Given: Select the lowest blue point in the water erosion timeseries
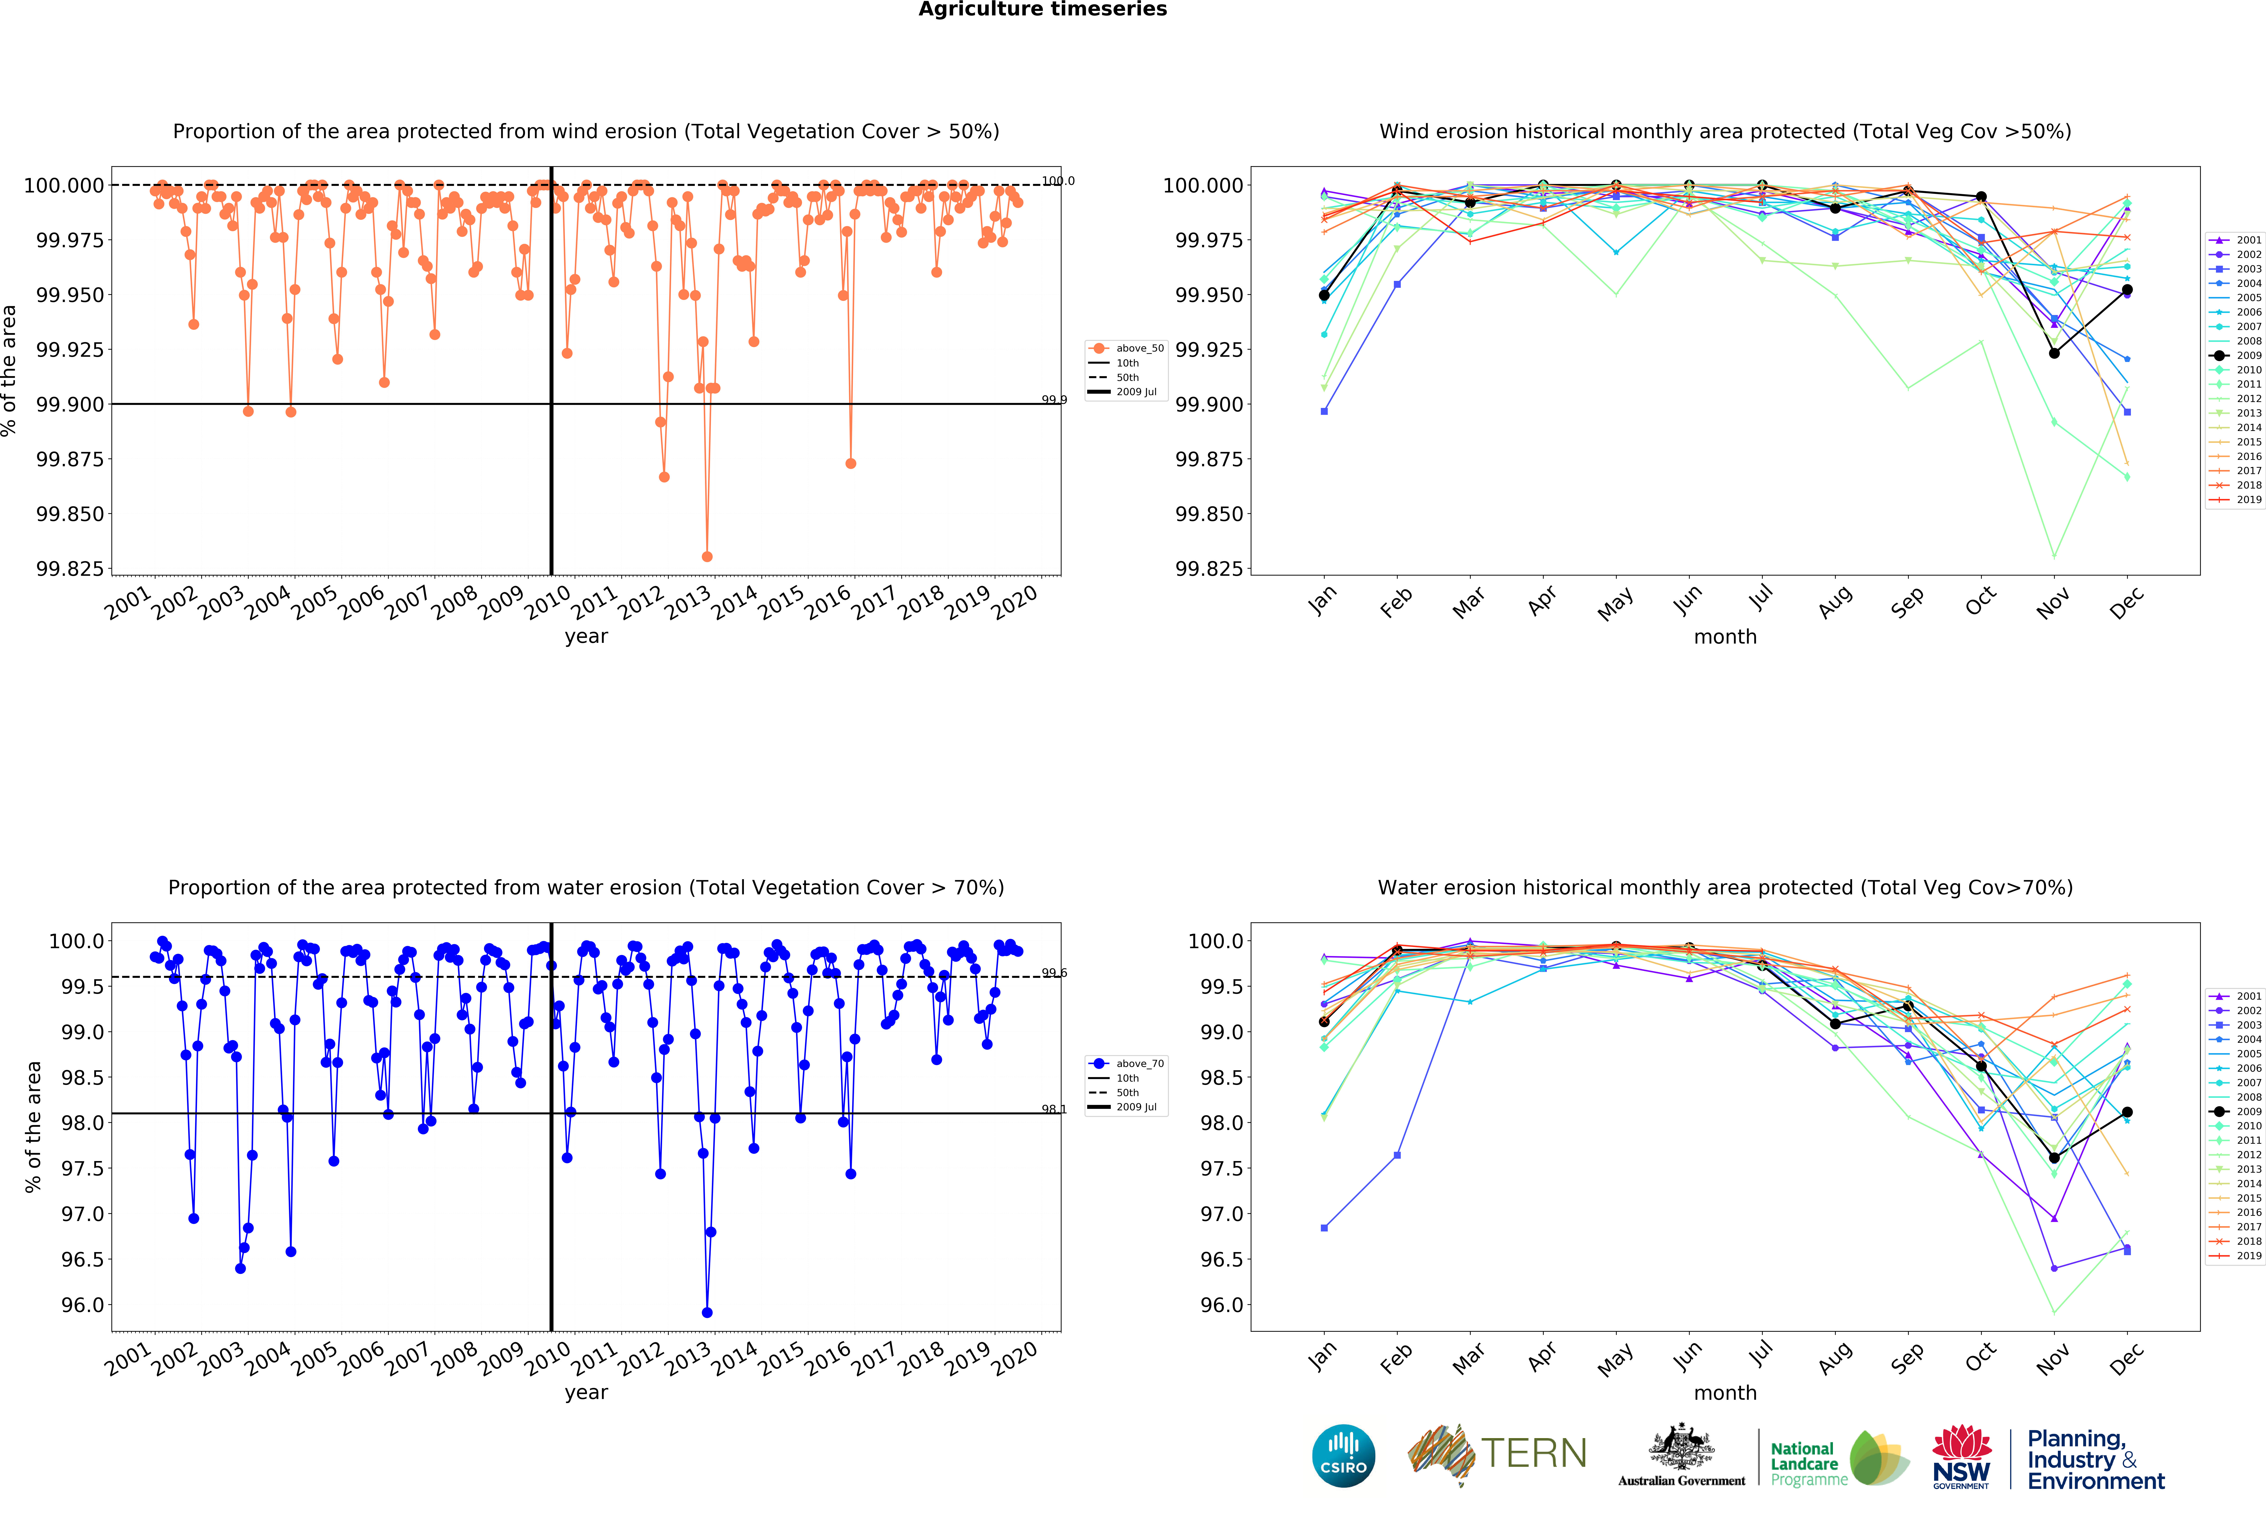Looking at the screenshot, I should click(x=707, y=1312).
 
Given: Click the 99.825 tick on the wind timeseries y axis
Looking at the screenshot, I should click(x=69, y=569).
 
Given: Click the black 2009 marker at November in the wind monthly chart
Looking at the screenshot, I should click(x=2054, y=353).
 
